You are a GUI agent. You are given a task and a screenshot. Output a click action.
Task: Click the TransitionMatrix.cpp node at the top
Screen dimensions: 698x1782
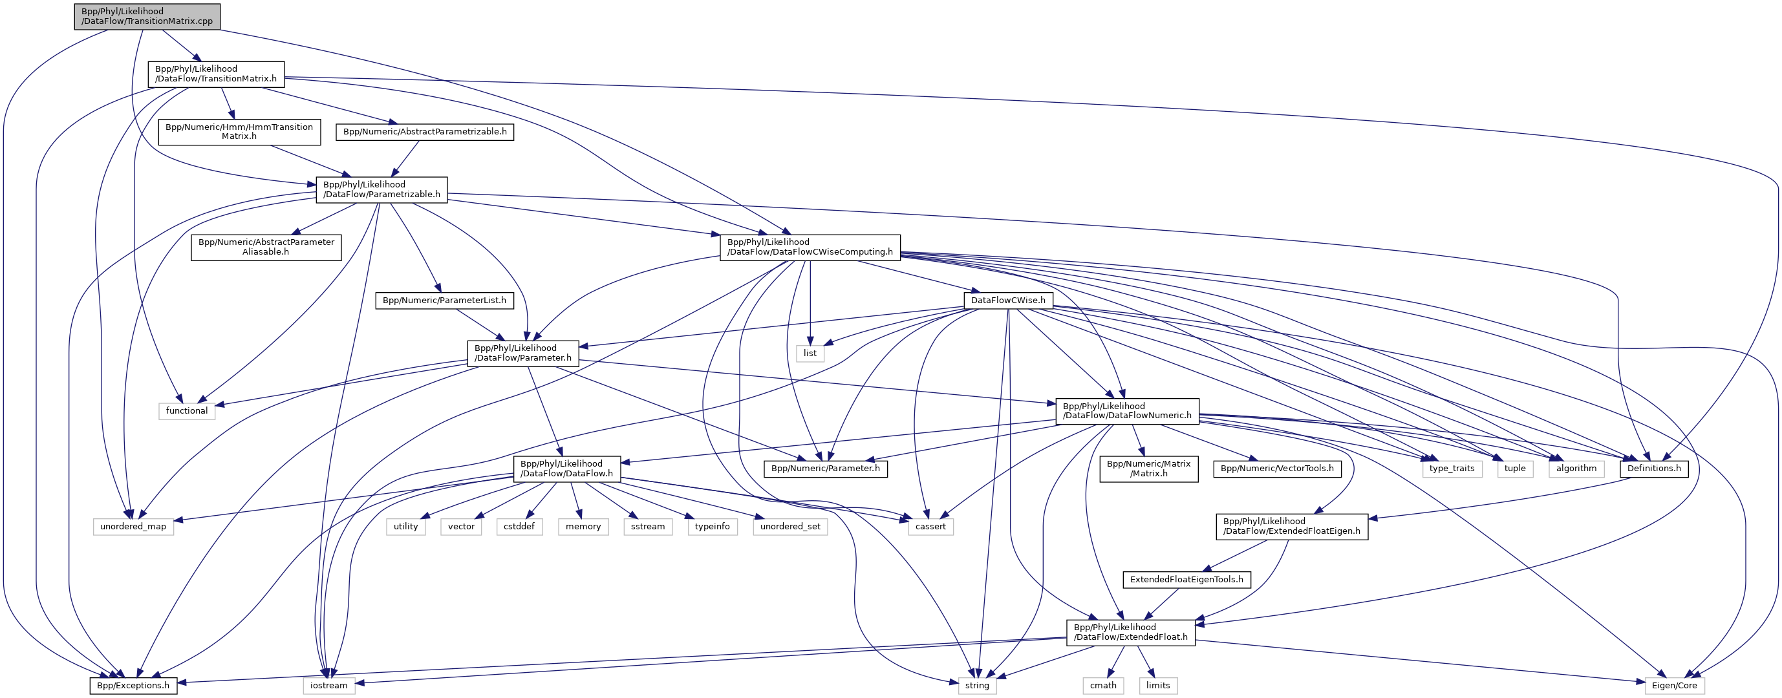(x=147, y=17)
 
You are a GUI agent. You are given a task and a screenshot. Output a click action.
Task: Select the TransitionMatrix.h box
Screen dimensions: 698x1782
(x=216, y=74)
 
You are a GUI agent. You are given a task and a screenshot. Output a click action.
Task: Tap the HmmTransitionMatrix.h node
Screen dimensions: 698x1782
(x=239, y=131)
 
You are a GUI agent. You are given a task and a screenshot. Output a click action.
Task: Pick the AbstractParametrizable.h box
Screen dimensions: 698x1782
(x=425, y=131)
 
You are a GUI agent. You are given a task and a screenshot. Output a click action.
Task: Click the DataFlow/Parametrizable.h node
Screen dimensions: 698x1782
(x=382, y=189)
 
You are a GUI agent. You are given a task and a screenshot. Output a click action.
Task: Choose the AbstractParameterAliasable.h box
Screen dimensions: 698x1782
(x=266, y=247)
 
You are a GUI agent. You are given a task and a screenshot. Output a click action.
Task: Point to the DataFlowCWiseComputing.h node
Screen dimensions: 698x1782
(x=810, y=247)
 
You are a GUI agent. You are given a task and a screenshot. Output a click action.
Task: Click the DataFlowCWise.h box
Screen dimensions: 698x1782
(x=1008, y=301)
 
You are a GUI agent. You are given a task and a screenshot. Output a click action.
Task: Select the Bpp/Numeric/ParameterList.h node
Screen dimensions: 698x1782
(x=444, y=301)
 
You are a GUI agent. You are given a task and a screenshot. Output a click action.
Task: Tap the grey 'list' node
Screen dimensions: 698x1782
(x=810, y=354)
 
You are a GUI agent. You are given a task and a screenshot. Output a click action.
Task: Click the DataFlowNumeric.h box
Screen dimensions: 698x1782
(x=1127, y=411)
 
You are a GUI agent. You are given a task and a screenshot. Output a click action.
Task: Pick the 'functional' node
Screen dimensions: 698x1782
(x=187, y=411)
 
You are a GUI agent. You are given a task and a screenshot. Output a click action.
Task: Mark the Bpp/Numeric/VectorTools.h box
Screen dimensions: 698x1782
(x=1277, y=469)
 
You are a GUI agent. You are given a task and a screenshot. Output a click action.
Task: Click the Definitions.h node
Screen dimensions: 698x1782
(x=1654, y=469)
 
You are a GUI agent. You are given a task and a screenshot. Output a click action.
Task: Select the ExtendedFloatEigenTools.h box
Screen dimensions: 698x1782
(x=1186, y=580)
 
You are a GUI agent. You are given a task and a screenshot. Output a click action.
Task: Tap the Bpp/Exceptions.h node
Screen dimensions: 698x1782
(x=133, y=686)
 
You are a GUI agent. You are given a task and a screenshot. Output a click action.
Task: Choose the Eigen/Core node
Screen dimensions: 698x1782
(x=1674, y=686)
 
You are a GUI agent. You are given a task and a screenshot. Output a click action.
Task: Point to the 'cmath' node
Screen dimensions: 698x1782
(x=1103, y=686)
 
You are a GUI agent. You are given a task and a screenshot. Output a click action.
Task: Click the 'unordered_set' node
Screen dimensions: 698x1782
(x=790, y=527)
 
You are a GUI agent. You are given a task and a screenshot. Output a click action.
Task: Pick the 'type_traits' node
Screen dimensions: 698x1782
(x=1452, y=469)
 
